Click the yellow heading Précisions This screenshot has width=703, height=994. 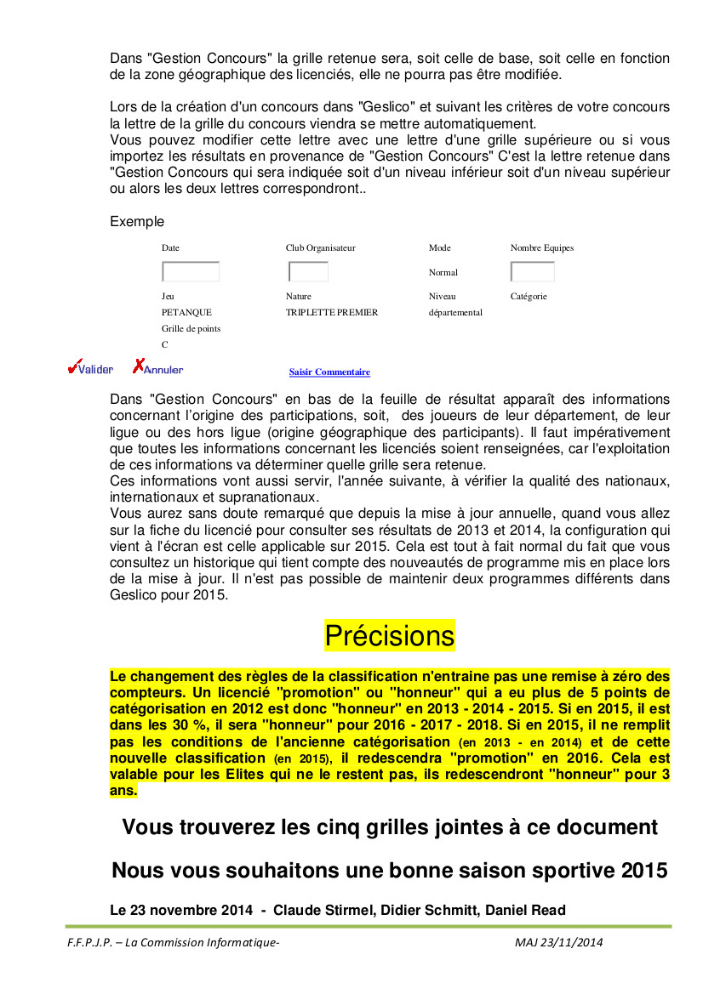[390, 636]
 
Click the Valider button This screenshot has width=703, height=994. [90, 369]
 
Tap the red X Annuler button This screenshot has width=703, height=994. [157, 369]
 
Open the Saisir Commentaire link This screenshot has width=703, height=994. [329, 372]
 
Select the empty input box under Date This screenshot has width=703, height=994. [191, 272]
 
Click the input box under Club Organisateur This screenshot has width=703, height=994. [308, 272]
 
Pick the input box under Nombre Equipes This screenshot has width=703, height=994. [532, 272]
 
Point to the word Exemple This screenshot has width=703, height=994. [137, 222]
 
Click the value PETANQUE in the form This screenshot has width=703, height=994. [186, 312]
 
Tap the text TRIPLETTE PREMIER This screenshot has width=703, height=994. [331, 312]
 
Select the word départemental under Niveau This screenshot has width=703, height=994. [455, 312]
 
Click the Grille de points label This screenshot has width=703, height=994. [191, 328]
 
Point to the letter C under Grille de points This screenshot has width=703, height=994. [165, 344]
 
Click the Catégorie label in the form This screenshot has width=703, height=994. [529, 297]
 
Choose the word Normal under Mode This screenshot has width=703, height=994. [443, 273]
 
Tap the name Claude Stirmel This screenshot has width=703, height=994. [324, 911]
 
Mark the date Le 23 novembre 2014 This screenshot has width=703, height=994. [181, 911]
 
